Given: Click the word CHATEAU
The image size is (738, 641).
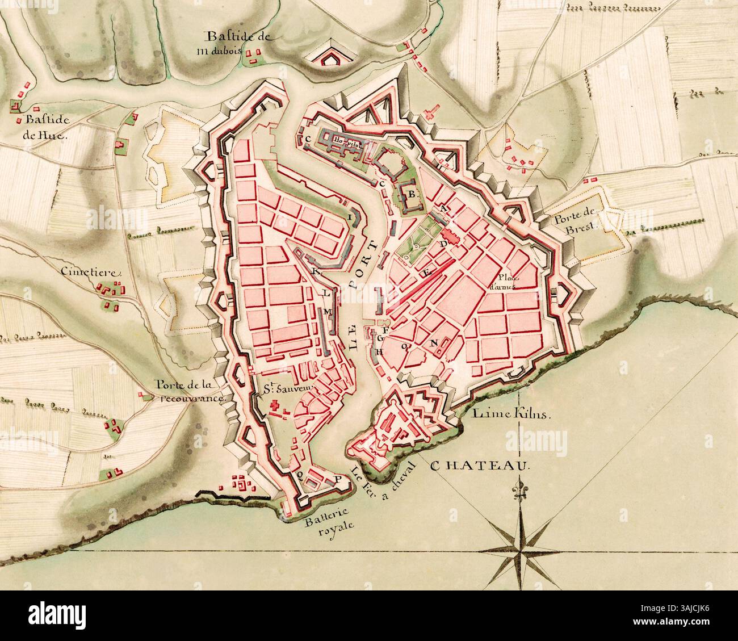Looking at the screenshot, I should pyautogui.click(x=480, y=466).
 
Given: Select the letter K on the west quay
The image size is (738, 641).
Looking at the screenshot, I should pyautogui.click(x=316, y=271).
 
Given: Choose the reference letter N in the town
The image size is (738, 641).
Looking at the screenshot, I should pyautogui.click(x=434, y=342).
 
